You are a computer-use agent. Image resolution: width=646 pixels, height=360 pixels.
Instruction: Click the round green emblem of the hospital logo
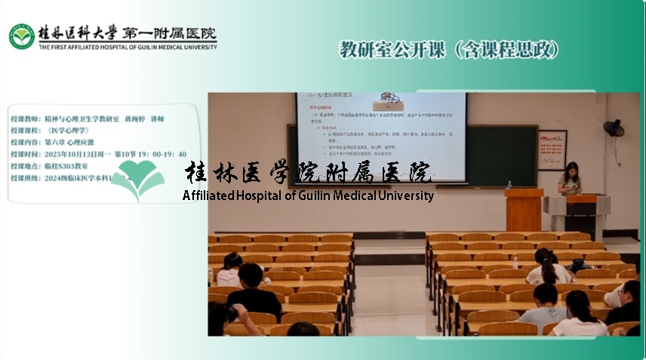pyautogui.click(x=20, y=35)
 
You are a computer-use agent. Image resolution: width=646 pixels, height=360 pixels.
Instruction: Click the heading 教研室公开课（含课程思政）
pyautogui.click(x=449, y=50)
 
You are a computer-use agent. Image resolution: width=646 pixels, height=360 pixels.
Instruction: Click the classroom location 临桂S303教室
pyautogui.click(x=66, y=165)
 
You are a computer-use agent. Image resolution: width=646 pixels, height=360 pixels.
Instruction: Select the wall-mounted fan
pyautogui.click(x=614, y=128)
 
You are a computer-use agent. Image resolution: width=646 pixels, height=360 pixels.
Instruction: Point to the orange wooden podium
pyautogui.click(x=523, y=209)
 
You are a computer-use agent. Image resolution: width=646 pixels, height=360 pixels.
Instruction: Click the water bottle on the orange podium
pyautogui.click(x=509, y=184)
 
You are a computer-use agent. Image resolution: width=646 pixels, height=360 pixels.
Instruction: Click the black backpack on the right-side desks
pyautogui.click(x=579, y=265)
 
